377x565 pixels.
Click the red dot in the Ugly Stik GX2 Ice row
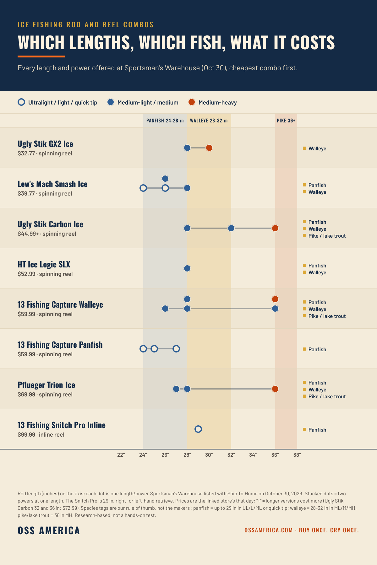(x=209, y=148)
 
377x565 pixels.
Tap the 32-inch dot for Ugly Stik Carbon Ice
(x=231, y=228)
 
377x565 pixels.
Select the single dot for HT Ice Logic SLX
(x=187, y=268)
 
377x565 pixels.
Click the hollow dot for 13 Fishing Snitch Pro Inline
(x=198, y=429)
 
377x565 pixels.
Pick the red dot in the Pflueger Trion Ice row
(x=275, y=389)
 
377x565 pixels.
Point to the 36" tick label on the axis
(x=275, y=455)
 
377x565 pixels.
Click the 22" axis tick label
(x=121, y=455)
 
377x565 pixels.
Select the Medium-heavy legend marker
(x=192, y=102)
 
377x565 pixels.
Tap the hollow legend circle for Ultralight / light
(x=21, y=102)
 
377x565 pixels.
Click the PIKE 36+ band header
(x=286, y=121)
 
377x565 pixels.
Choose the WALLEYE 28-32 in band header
(x=209, y=121)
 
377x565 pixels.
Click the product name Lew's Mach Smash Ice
(x=52, y=184)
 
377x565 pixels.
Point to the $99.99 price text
(x=26, y=435)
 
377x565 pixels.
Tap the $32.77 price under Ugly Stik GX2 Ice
(x=26, y=153)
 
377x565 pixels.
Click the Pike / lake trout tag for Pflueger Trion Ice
(x=327, y=396)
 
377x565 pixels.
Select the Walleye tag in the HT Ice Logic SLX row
(x=317, y=272)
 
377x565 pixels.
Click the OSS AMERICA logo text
(x=49, y=530)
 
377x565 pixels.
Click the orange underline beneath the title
(x=41, y=56)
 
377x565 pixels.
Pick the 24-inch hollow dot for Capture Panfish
(x=143, y=349)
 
